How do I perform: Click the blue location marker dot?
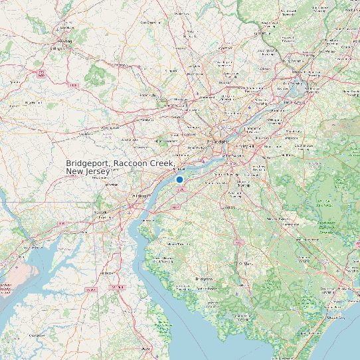point(179,179)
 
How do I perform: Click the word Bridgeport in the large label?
point(88,163)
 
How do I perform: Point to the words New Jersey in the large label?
point(88,172)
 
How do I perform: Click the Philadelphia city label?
point(217,141)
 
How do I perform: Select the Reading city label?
point(64,42)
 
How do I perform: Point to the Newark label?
point(101,212)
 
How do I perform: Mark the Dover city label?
point(146,347)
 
